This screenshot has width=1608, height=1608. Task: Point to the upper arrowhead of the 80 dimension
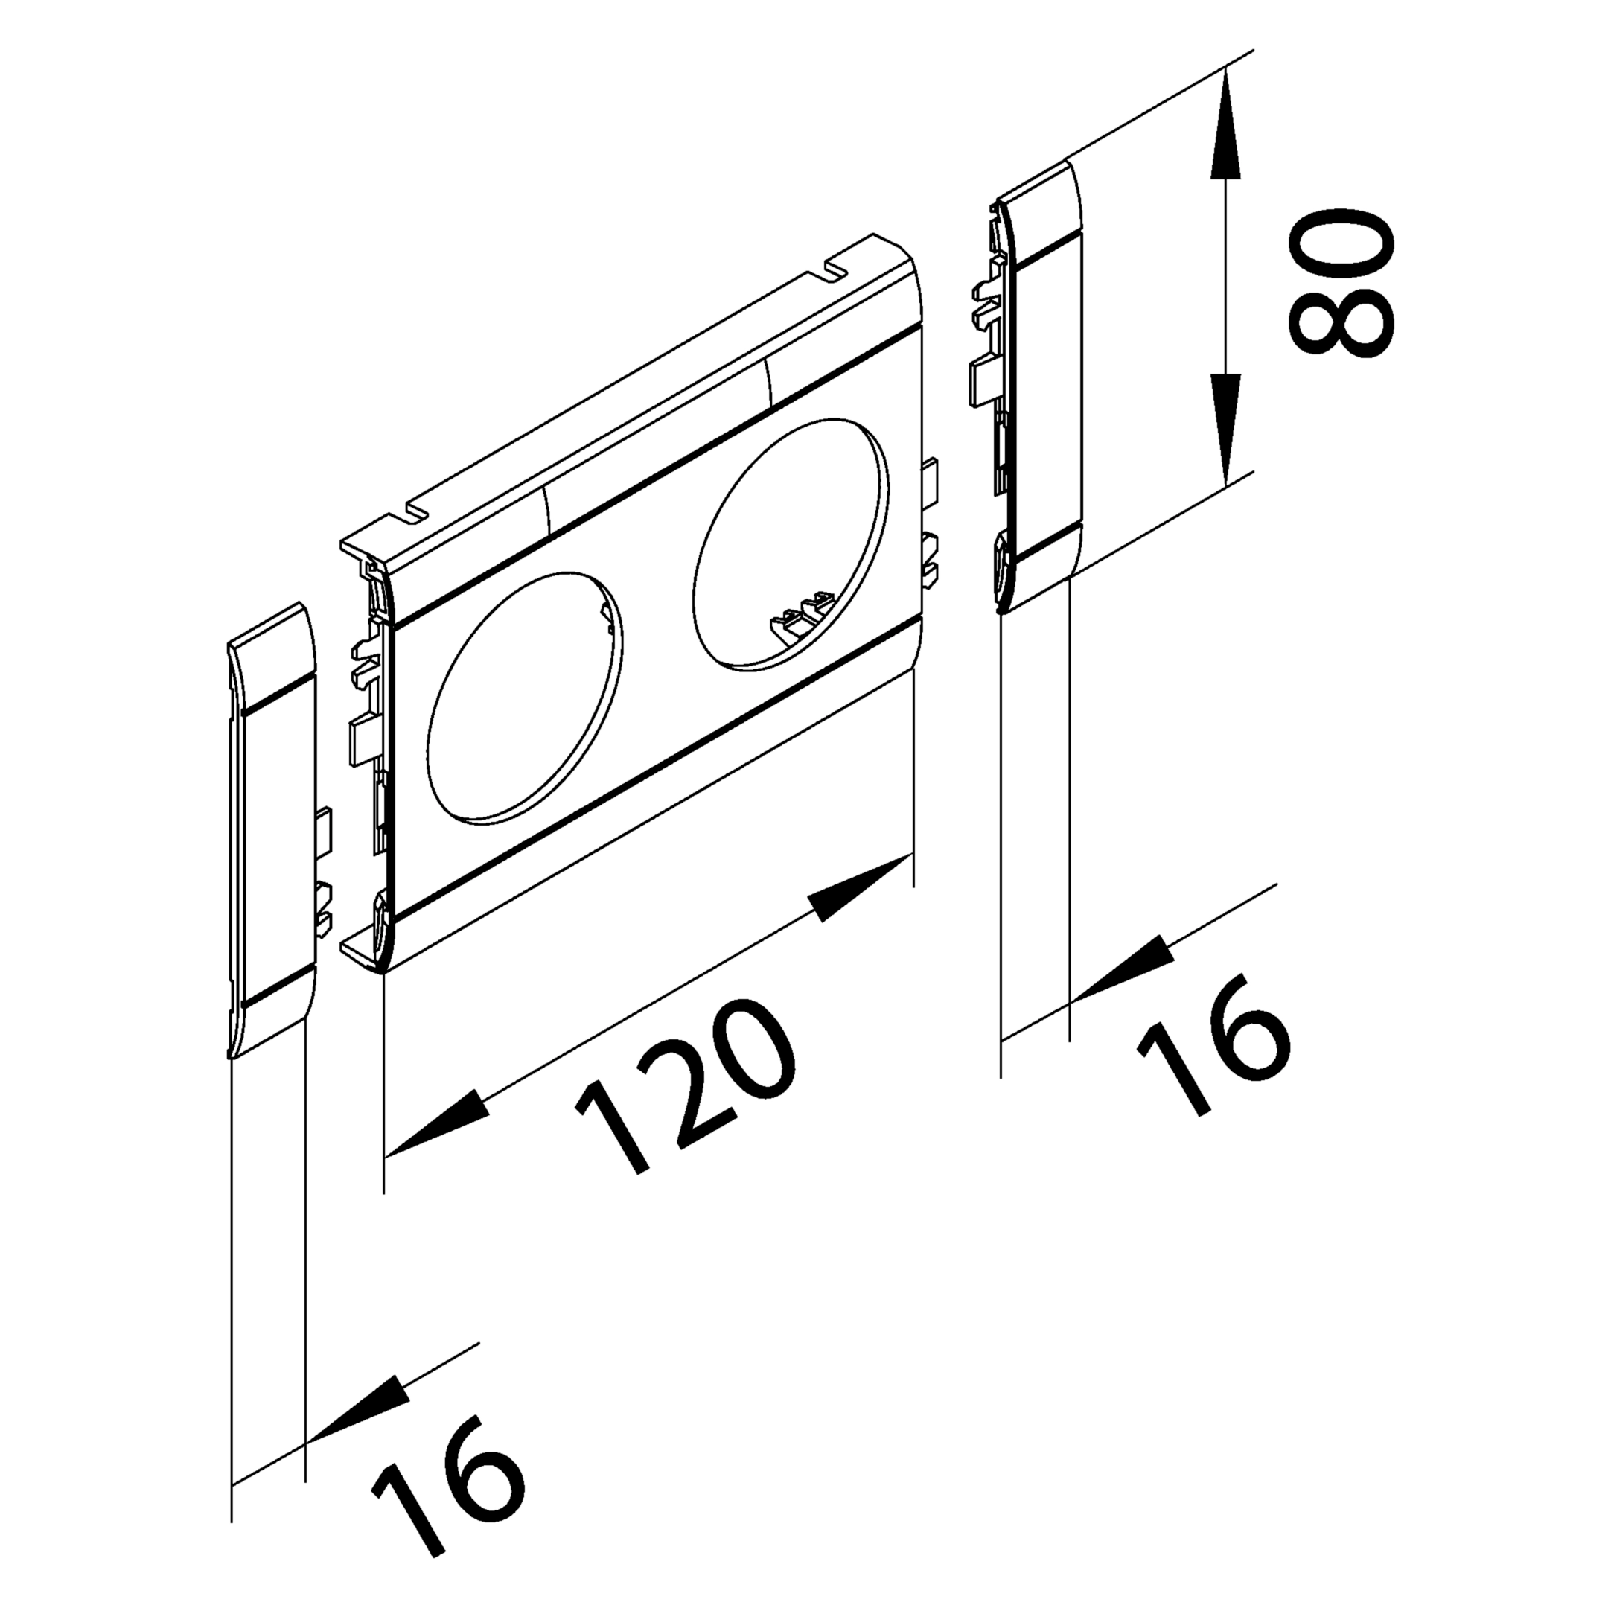(x=1227, y=125)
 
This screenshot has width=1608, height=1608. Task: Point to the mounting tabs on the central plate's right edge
(x=929, y=516)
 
